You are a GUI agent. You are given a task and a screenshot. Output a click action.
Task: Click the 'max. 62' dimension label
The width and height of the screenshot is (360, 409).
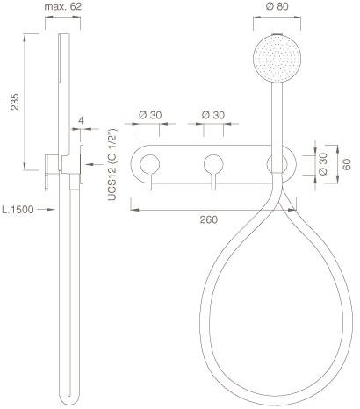tap(62, 6)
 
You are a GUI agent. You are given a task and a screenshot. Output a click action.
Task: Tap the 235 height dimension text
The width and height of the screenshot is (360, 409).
tap(15, 102)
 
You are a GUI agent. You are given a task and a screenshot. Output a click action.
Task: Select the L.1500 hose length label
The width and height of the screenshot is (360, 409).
tap(18, 210)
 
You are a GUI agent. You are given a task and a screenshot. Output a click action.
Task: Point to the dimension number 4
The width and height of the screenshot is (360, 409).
tap(82, 120)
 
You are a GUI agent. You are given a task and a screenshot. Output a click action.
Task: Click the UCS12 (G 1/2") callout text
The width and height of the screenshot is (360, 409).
tap(112, 164)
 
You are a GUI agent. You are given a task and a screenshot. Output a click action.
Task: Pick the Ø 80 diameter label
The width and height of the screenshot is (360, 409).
tap(277, 6)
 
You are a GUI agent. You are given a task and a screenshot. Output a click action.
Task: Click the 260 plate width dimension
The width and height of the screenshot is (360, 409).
tap(209, 219)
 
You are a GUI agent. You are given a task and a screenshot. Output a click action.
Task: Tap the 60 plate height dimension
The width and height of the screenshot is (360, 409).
tap(347, 164)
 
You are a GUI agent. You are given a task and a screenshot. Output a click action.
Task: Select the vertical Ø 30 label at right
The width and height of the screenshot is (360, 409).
tap(323, 164)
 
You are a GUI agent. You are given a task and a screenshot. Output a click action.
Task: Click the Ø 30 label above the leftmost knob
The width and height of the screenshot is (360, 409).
tap(150, 115)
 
